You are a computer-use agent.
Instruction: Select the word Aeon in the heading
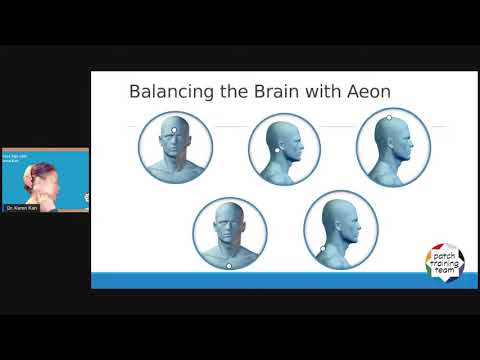click(364, 92)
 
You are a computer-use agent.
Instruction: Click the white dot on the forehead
click(175, 129)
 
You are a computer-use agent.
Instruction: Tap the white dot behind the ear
click(277, 150)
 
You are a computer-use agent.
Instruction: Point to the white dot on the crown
click(389, 118)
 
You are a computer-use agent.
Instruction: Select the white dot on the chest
click(229, 265)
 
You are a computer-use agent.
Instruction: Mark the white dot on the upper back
click(322, 247)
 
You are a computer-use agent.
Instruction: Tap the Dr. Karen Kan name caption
click(21, 207)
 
